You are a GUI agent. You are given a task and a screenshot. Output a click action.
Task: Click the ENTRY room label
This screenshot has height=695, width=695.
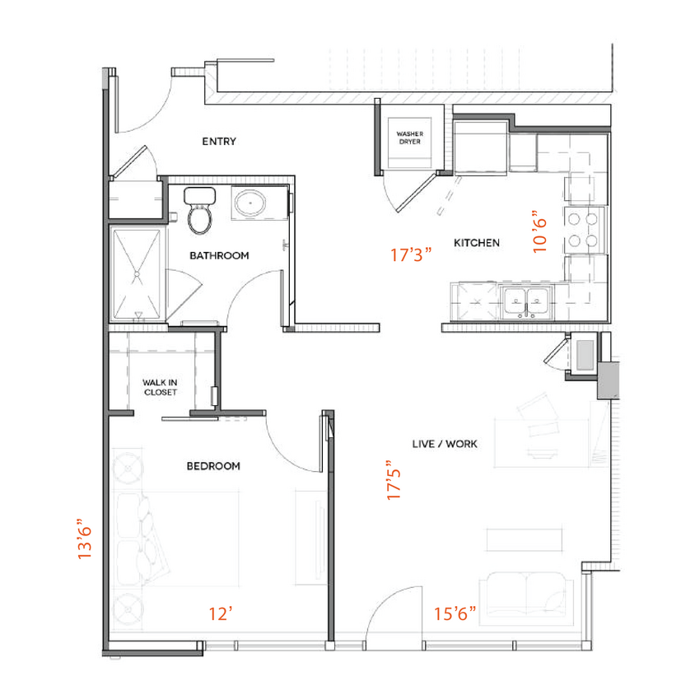tap(219, 142)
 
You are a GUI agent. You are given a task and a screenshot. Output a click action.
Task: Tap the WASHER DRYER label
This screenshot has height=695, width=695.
tap(409, 138)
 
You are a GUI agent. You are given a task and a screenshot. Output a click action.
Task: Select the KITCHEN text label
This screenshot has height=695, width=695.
tap(477, 243)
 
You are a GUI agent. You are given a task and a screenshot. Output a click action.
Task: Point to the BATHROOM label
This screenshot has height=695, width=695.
tap(219, 255)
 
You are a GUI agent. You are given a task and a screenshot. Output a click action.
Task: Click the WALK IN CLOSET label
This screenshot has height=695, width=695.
tap(160, 387)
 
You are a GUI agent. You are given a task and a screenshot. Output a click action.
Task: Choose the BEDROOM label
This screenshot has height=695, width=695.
tap(213, 466)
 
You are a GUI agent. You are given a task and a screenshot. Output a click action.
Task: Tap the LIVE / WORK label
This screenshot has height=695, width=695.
tap(445, 444)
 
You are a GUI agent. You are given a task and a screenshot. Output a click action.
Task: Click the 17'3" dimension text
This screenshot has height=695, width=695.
tap(412, 255)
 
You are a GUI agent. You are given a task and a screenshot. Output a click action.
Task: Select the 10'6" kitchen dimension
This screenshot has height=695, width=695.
tap(540, 231)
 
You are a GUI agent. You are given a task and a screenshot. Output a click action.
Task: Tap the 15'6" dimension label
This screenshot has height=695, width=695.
tap(455, 613)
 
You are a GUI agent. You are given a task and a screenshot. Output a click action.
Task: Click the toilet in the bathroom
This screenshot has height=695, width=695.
tap(199, 211)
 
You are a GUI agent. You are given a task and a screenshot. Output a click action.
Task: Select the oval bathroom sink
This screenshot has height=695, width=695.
tap(248, 203)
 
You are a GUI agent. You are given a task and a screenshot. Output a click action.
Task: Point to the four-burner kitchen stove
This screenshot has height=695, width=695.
tap(583, 230)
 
